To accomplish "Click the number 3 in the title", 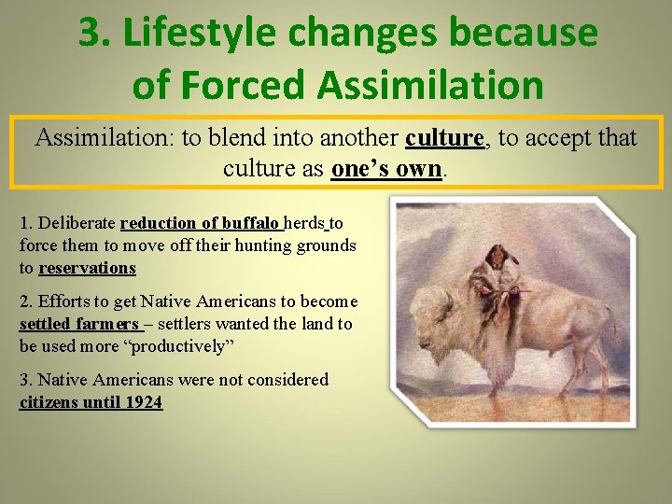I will (90, 34).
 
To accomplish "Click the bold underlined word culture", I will (445, 138).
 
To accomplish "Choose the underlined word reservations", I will (87, 268).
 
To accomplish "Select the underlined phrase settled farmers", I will (79, 324).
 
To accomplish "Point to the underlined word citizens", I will (50, 402).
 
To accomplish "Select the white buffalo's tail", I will (610, 322).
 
